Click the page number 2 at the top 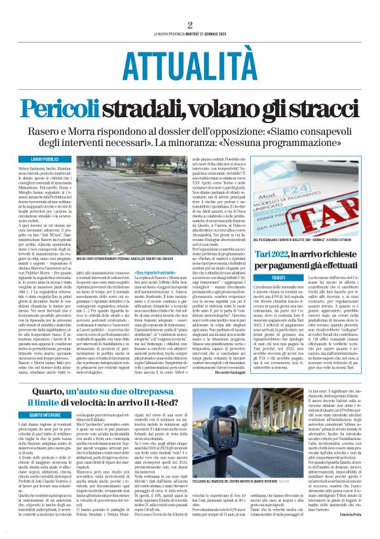[x=190, y=25]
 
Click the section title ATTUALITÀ [x=189, y=65]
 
